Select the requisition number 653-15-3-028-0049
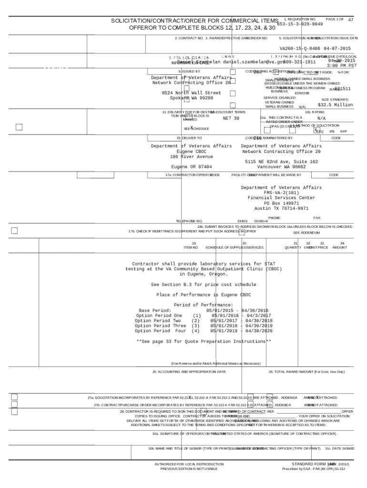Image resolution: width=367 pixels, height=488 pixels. (303, 24)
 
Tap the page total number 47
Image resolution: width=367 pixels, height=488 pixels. (351, 20)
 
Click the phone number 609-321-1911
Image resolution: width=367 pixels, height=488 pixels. (299, 62)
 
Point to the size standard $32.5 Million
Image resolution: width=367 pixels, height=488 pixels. (336, 105)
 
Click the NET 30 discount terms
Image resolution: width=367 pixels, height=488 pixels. (231, 118)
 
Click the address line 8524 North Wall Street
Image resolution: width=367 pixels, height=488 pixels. (192, 93)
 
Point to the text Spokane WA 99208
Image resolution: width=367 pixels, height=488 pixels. (192, 98)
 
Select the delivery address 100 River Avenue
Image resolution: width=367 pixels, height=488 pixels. (192, 157)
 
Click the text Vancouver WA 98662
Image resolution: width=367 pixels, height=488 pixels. (281, 167)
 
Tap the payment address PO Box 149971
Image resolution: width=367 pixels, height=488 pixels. (281, 203)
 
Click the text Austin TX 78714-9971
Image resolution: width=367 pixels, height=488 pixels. (281, 208)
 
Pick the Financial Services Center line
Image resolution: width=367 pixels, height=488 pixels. (281, 198)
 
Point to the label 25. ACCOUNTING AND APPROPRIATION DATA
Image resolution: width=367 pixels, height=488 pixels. (189, 372)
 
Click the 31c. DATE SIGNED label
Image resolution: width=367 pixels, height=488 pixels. (340, 448)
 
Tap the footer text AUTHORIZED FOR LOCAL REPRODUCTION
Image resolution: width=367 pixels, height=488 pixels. (189, 464)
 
